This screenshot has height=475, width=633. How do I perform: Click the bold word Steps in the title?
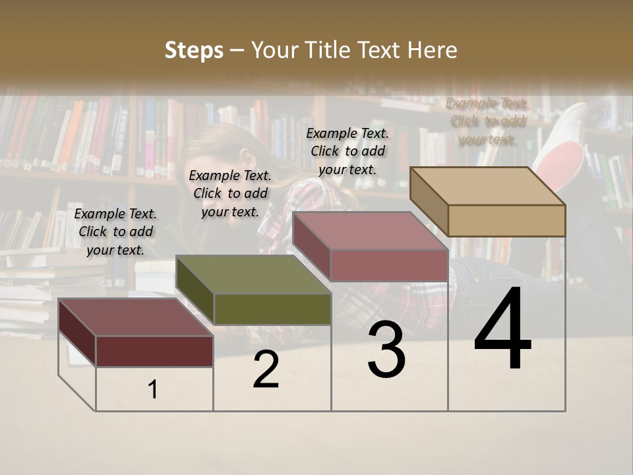(x=194, y=50)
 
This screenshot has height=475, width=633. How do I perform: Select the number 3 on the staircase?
(x=386, y=350)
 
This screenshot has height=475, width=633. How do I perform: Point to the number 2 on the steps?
(x=266, y=370)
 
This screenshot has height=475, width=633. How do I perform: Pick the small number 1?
(x=153, y=390)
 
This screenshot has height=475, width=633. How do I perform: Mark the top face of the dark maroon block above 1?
(x=136, y=317)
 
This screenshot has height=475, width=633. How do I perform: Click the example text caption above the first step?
(x=115, y=232)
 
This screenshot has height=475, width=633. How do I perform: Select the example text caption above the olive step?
(x=230, y=193)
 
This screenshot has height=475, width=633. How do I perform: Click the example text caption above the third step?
(x=347, y=151)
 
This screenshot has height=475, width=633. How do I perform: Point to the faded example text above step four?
(x=487, y=121)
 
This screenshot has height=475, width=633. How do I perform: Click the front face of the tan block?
(x=506, y=220)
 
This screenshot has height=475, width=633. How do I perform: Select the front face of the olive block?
(x=272, y=309)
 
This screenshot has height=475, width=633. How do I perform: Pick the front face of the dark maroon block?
(x=154, y=351)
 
